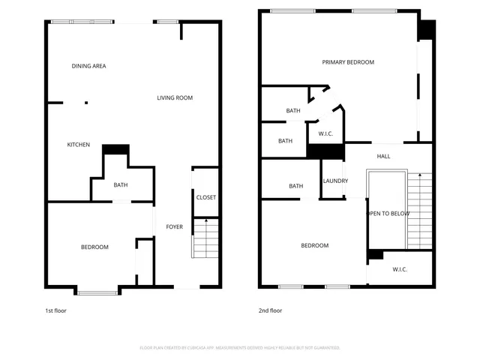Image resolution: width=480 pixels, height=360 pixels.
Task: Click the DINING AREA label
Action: [88, 66]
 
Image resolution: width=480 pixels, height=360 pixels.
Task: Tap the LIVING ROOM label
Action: [175, 97]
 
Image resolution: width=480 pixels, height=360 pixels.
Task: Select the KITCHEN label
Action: [79, 145]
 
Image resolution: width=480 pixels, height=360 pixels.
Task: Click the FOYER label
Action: [174, 226]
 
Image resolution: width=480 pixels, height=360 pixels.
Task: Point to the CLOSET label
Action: [205, 197]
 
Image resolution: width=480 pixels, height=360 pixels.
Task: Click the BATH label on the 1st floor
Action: [121, 185]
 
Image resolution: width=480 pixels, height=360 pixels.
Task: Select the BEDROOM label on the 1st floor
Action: [94, 247]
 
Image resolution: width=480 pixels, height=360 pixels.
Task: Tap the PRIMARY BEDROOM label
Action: [348, 62]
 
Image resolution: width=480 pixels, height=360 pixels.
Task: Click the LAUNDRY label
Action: [334, 181]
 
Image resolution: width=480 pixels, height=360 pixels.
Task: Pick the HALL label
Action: [383, 156]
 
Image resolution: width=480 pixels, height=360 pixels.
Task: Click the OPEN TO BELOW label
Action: [387, 213]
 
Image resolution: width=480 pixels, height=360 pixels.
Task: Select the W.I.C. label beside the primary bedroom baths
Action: [325, 134]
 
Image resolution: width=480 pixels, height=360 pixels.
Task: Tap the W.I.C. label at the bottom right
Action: [400, 269]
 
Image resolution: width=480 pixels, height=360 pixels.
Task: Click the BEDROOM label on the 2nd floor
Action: [314, 245]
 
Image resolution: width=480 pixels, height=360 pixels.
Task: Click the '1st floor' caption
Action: [55, 310]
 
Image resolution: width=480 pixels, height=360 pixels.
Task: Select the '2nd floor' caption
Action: [270, 310]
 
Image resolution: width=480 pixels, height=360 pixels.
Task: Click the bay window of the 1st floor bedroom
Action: [97, 291]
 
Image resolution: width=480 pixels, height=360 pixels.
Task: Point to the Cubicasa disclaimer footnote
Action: [240, 347]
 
